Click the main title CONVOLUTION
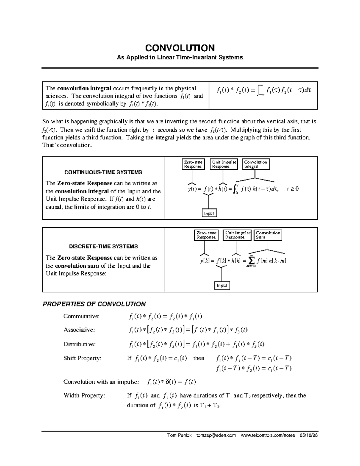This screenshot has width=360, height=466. [x=180, y=48]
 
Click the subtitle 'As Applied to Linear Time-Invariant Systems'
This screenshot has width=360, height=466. [x=180, y=57]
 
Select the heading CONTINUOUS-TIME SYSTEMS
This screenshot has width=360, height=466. [x=103, y=172]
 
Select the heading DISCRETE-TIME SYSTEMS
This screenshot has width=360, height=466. [x=103, y=246]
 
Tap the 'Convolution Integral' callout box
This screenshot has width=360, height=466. [x=256, y=164]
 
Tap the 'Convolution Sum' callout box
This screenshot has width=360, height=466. [x=268, y=235]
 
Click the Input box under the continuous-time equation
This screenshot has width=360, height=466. [x=209, y=213]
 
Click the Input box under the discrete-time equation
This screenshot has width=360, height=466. [x=222, y=285]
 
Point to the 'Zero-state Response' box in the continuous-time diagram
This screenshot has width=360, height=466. [x=193, y=164]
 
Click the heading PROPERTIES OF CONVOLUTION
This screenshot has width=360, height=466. [x=94, y=304]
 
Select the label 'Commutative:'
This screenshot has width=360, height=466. [x=81, y=316]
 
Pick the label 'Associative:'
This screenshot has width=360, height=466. [x=79, y=330]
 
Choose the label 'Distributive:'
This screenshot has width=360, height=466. [x=79, y=344]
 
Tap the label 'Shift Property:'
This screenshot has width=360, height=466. [x=82, y=358]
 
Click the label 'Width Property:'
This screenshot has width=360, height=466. [x=84, y=395]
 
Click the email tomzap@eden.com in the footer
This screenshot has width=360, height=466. [x=216, y=435]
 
